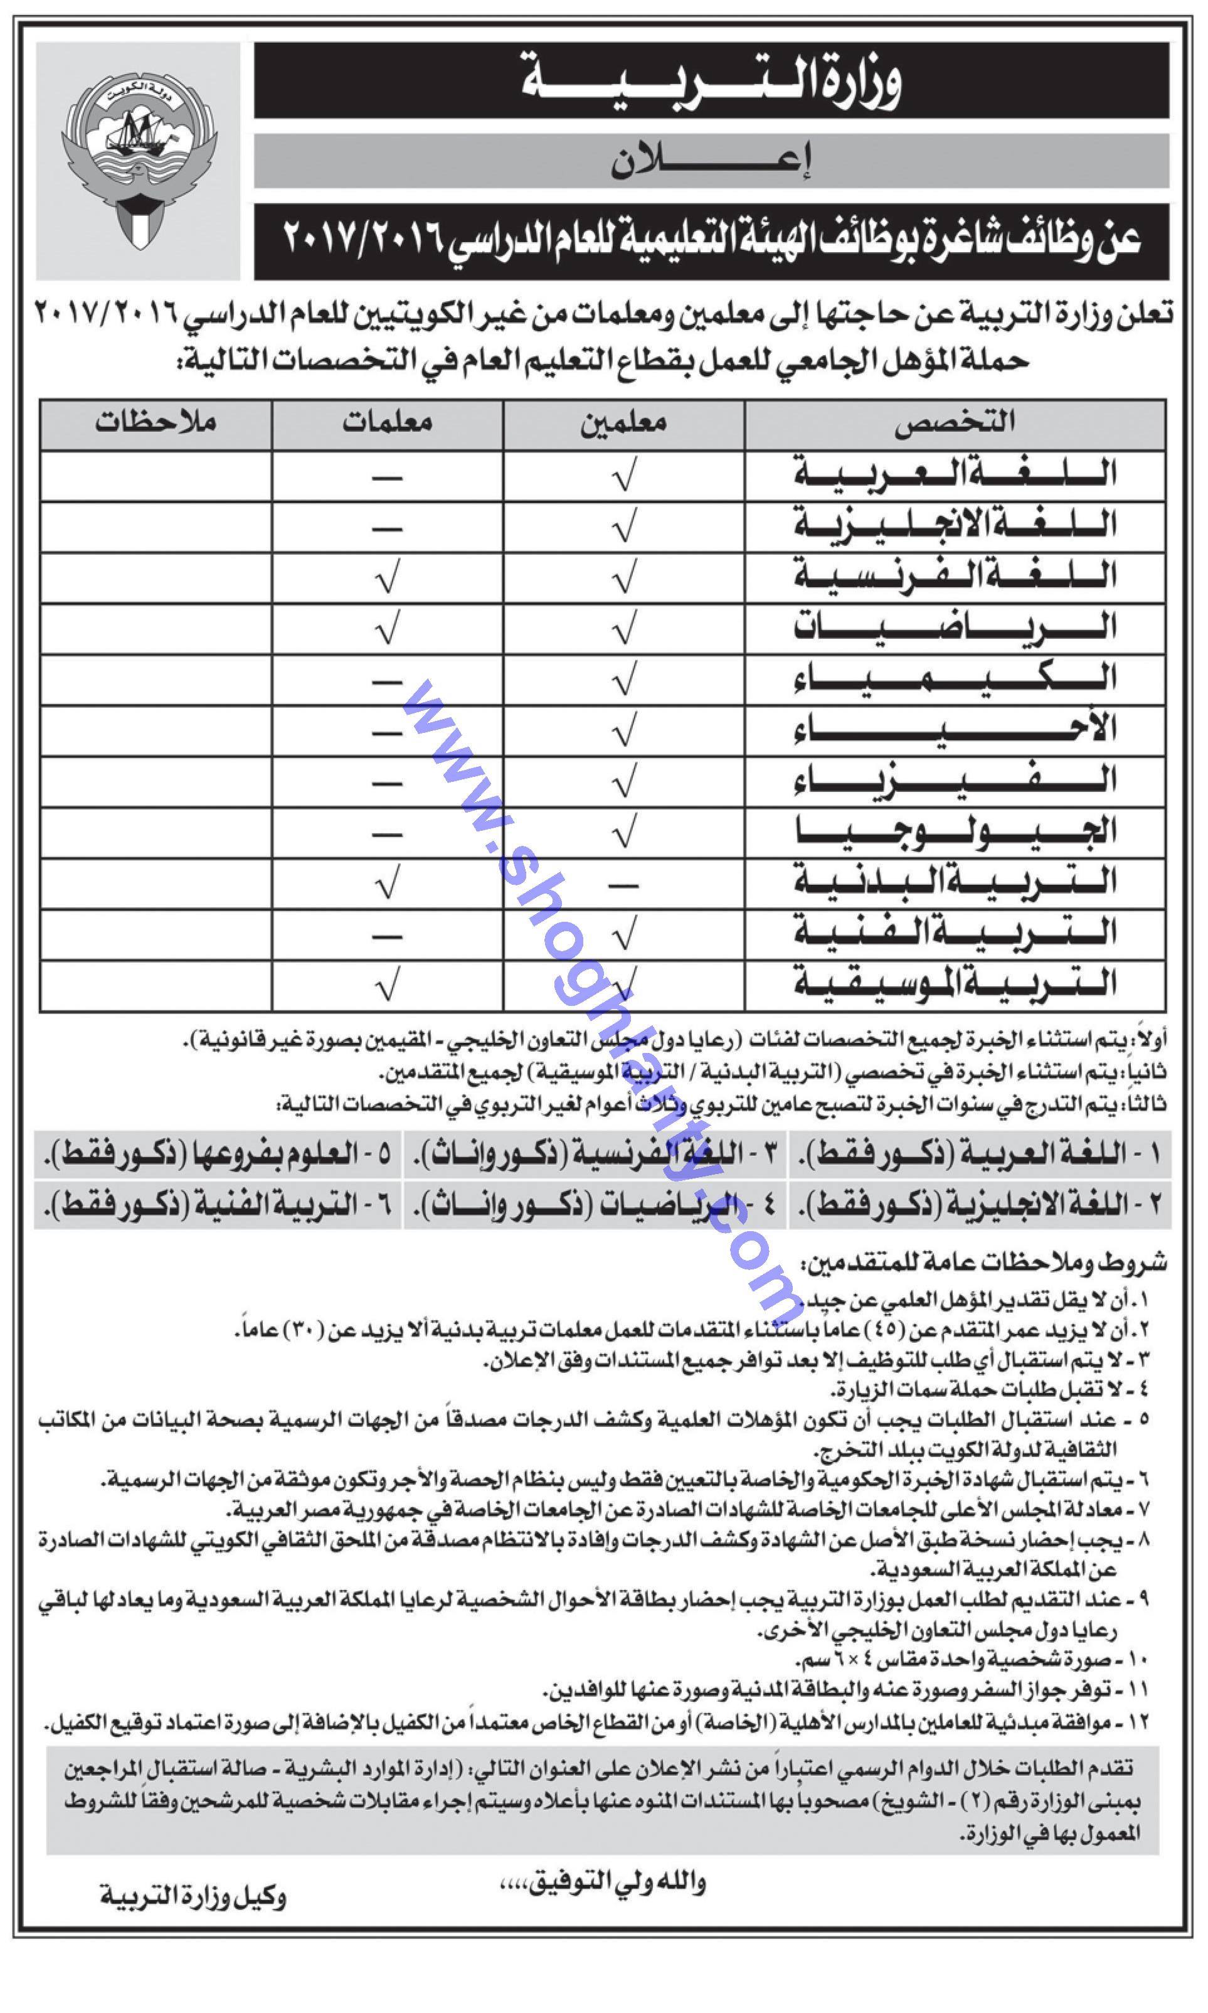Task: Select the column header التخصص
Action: [x=954, y=423]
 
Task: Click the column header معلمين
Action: [x=623, y=423]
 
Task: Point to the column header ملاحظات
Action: [x=156, y=423]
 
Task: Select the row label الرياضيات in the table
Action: [x=954, y=628]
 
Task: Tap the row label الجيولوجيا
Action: [x=954, y=832]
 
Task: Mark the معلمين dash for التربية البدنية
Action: [x=623, y=884]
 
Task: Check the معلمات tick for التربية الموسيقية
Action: [x=388, y=986]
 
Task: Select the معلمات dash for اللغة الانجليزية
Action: [x=388, y=528]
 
